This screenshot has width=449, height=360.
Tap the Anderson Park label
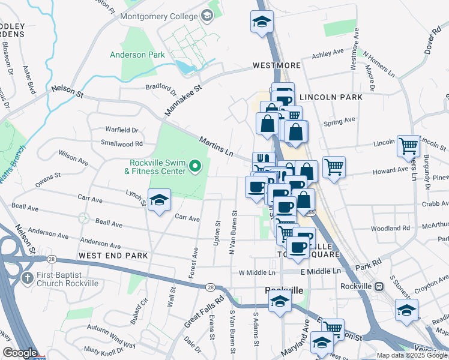137,55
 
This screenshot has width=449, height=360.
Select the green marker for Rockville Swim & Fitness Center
194,166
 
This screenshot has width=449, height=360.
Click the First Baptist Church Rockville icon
26,278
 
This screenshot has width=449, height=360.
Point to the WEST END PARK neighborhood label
113,256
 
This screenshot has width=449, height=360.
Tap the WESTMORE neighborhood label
276,65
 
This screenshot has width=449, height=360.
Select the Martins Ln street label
216,146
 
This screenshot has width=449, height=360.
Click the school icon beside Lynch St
159,200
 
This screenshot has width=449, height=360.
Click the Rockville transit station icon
379,286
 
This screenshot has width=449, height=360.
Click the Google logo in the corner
20,353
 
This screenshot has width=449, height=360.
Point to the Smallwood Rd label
122,144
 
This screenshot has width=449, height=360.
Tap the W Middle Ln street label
256,272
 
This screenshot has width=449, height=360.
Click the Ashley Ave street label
328,55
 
